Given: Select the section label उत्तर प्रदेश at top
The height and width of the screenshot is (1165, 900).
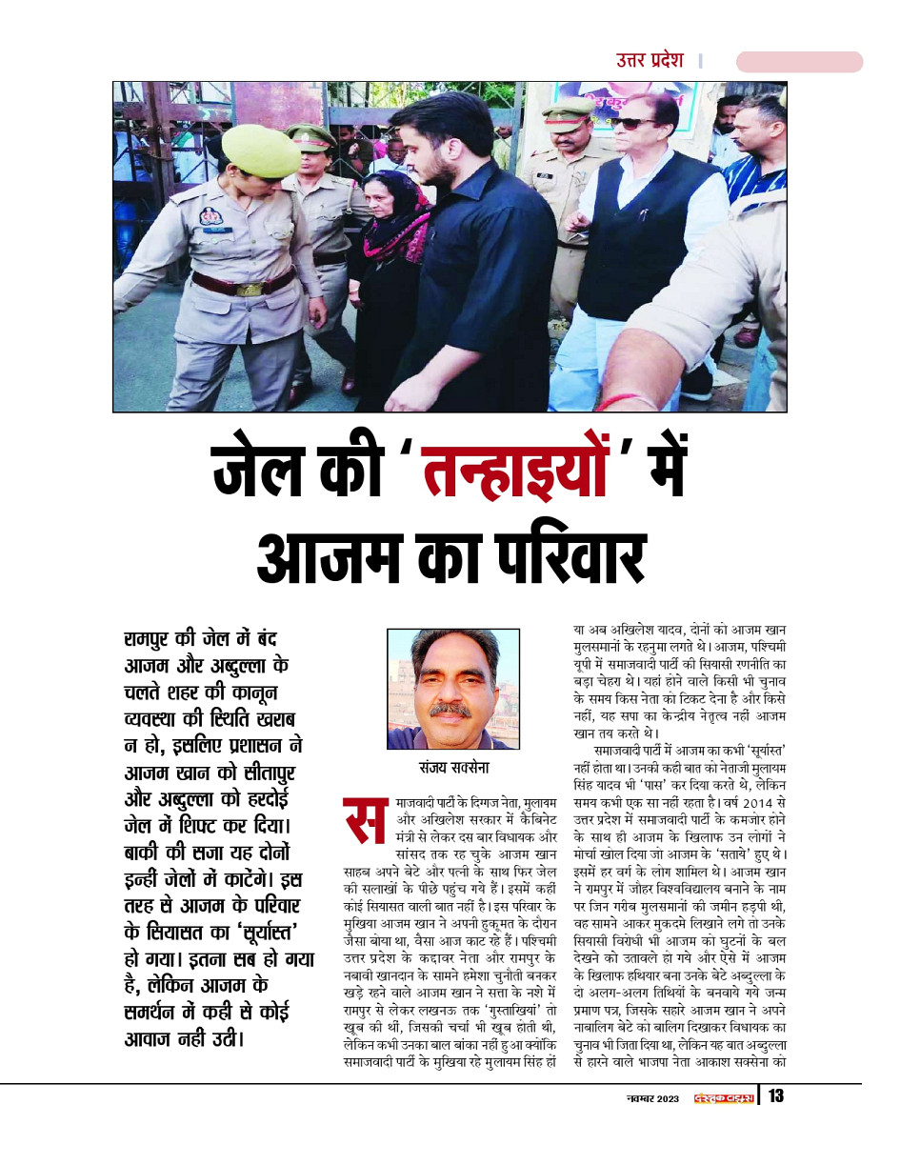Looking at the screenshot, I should coord(650,60).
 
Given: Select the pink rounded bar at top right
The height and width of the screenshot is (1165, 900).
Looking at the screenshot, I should coord(799,62).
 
